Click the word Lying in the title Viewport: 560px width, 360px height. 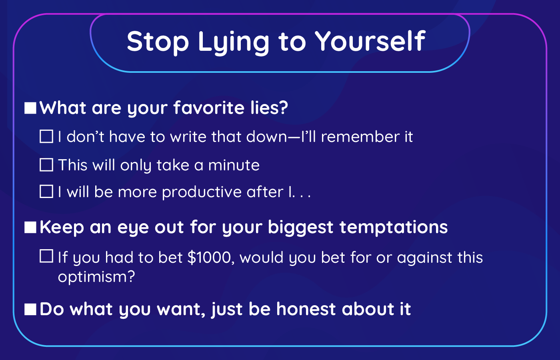pyautogui.click(x=234, y=42)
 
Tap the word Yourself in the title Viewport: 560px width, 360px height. pyautogui.click(x=370, y=41)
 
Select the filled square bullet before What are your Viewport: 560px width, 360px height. pyautogui.click(x=30, y=108)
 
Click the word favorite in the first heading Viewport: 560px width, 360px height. pyautogui.click(x=209, y=108)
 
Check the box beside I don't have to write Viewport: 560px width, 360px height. pyautogui.click(x=46, y=136)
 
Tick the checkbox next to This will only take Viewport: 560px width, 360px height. pyautogui.click(x=46, y=165)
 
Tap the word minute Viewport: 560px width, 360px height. pyautogui.click(x=234, y=165)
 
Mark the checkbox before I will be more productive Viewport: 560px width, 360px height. pyautogui.click(x=46, y=192)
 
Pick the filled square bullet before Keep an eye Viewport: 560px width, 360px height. pyautogui.click(x=30, y=227)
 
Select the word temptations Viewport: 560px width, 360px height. pyautogui.click(x=394, y=228)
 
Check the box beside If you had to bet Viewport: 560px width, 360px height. pyautogui.click(x=46, y=256)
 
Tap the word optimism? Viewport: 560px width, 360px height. pyautogui.click(x=96, y=277)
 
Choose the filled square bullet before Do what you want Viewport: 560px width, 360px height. pyautogui.click(x=30, y=309)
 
